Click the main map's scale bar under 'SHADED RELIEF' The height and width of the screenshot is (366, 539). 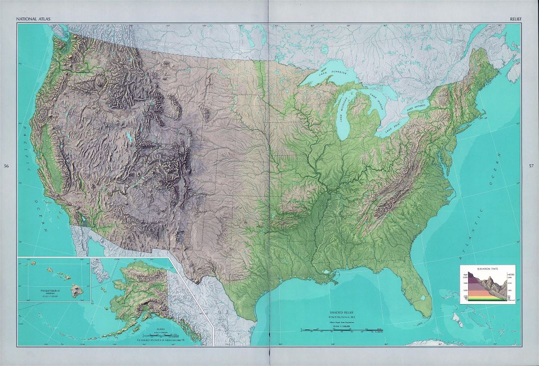(x=342, y=330)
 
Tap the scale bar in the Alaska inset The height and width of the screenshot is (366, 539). (x=161, y=335)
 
